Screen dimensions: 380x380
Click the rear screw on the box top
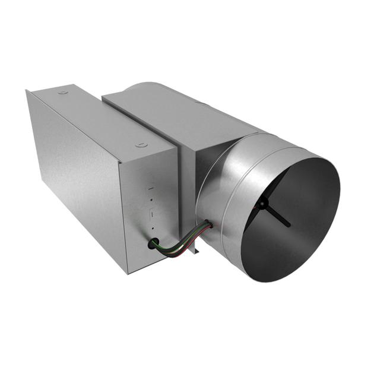[62, 92]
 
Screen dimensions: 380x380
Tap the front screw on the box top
[140, 144]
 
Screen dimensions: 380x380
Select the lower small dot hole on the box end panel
[152, 228]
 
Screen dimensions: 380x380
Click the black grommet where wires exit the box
[154, 243]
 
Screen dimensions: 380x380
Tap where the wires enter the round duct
[207, 225]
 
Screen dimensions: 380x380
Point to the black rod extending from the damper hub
[278, 217]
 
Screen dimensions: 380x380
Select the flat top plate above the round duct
[178, 116]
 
